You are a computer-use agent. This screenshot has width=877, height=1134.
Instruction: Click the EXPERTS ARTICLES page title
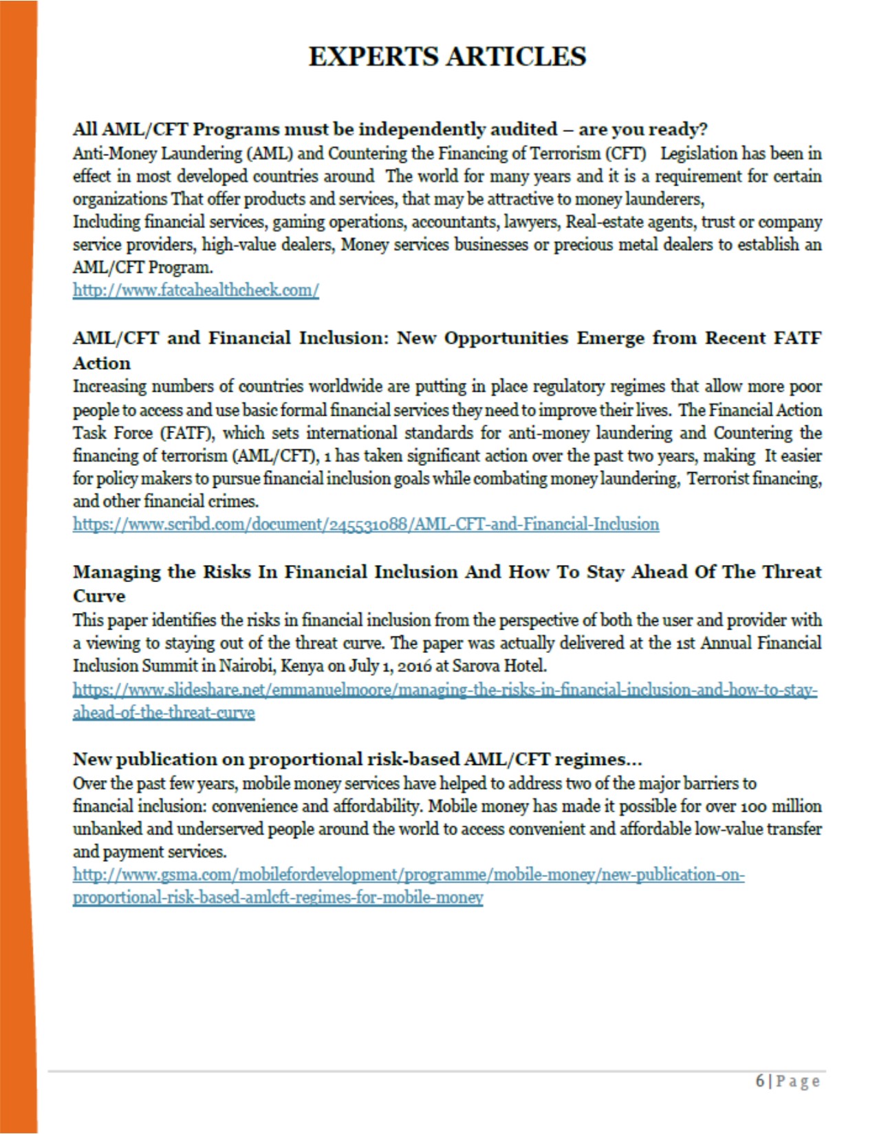(x=447, y=56)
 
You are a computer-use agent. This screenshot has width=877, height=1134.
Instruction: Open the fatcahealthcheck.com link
(x=196, y=290)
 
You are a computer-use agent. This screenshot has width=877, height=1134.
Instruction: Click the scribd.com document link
(x=366, y=524)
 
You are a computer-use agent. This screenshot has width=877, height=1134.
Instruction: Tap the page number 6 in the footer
(x=759, y=1080)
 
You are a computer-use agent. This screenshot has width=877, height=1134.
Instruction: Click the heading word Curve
(x=99, y=596)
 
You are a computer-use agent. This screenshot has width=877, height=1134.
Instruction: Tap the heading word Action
(x=102, y=363)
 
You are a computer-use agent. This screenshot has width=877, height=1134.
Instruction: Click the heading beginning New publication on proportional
(x=358, y=759)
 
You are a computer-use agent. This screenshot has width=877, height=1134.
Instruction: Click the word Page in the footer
(x=798, y=1081)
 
